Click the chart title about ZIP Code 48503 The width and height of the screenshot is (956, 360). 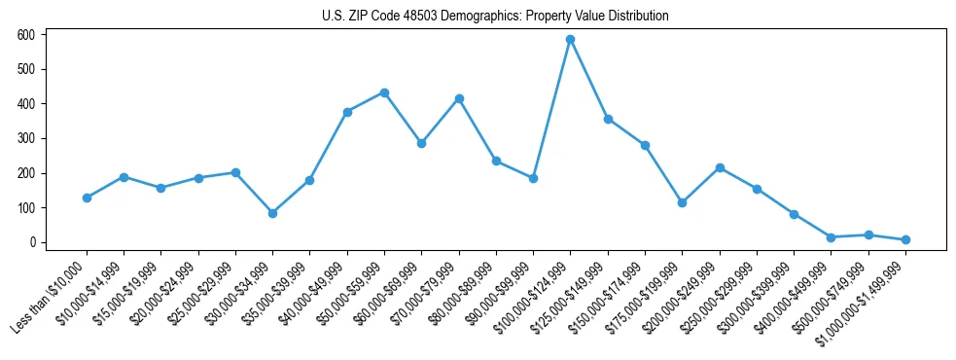click(495, 17)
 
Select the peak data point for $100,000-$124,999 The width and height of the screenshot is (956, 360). click(571, 39)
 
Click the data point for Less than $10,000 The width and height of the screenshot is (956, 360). click(87, 198)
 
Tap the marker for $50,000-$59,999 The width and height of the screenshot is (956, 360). click(384, 92)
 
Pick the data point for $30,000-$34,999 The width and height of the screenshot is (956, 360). click(272, 213)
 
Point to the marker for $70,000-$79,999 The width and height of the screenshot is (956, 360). click(459, 98)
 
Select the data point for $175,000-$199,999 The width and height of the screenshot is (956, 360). click(682, 202)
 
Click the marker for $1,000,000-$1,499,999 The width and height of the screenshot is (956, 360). click(905, 239)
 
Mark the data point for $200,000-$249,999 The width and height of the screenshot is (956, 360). click(720, 167)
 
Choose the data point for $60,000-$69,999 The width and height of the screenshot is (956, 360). click(421, 143)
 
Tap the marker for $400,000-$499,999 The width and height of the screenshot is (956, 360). click(831, 237)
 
